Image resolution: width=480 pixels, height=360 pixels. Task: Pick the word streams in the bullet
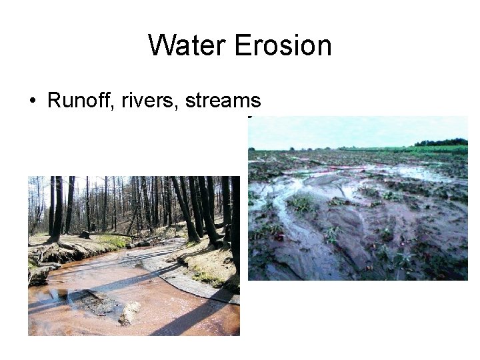pyautogui.click(x=223, y=101)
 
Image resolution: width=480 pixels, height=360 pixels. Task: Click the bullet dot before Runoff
pyautogui.click(x=32, y=101)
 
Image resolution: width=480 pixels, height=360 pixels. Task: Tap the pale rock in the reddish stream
pyautogui.click(x=129, y=313)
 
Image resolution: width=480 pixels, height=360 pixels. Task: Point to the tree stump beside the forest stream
pyautogui.click(x=85, y=234)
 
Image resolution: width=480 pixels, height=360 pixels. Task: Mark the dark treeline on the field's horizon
pyautogui.click(x=441, y=142)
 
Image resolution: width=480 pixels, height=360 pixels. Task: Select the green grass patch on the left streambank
pyautogui.click(x=111, y=240)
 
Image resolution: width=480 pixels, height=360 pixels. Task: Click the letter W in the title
pyautogui.click(x=161, y=45)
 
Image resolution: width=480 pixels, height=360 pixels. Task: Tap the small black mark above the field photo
pyautogui.click(x=249, y=119)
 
